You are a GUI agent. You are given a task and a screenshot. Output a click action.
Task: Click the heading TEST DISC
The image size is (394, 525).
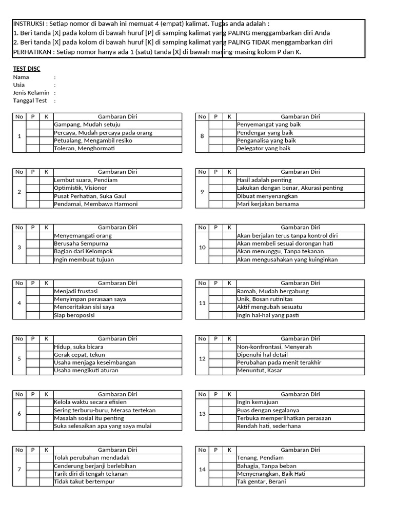[x=27, y=69]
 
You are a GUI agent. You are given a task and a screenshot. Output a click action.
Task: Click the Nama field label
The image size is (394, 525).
[x=21, y=77]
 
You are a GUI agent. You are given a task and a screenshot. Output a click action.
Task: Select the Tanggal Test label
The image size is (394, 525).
[x=30, y=100]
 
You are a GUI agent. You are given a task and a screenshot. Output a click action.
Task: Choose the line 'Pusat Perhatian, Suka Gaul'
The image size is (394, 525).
[x=90, y=196]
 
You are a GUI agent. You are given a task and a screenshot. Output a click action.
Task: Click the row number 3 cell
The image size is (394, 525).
[x=19, y=248]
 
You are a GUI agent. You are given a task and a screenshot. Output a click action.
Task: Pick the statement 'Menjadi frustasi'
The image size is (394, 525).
[x=75, y=291]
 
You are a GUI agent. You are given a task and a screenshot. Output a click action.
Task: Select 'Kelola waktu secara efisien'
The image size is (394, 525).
[x=90, y=402]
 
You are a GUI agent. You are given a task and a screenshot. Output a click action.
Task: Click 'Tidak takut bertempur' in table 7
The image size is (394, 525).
[x=84, y=482]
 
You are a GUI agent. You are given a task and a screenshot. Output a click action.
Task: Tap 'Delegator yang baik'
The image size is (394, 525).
[x=264, y=149]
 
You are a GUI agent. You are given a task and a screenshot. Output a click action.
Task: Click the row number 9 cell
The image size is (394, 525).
[x=202, y=192]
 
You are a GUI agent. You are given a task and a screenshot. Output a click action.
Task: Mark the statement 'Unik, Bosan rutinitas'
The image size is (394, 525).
[x=264, y=299]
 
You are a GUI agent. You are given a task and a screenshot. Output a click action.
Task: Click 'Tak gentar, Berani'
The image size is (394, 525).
[x=262, y=482]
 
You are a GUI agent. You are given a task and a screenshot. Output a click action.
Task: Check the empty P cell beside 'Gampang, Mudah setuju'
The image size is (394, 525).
[x=33, y=125]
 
